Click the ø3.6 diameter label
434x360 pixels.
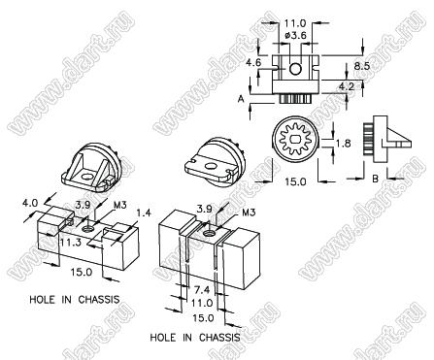tap(296, 35)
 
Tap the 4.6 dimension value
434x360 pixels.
tap(253, 62)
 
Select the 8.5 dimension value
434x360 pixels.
tap(361, 66)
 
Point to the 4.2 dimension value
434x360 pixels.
tap(347, 86)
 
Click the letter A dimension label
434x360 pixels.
tap(241, 99)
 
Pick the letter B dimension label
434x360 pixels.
tap(376, 179)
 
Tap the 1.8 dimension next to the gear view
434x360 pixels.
tap(343, 143)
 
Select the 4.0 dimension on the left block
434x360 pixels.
tap(30, 203)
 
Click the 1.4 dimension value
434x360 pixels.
tap(144, 213)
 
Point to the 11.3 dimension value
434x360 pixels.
tap(70, 243)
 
